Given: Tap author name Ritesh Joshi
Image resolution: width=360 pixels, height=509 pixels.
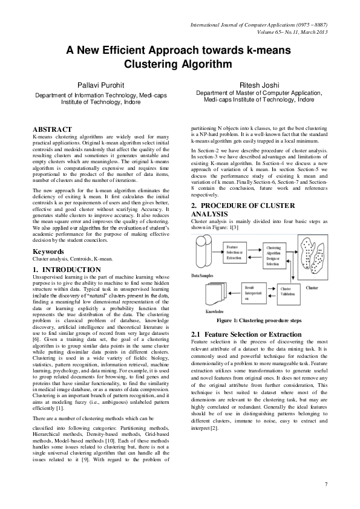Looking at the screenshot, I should (x=260, y=85).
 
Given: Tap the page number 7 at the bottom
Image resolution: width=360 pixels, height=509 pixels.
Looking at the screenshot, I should (x=326, y=484).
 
